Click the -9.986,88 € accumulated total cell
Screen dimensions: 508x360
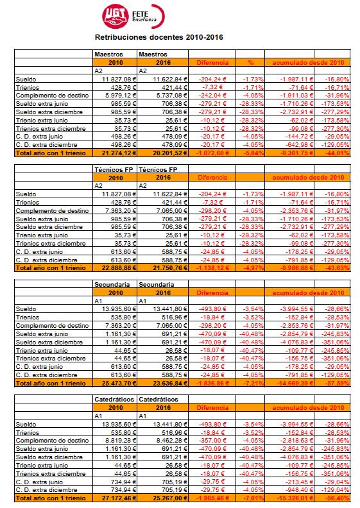point(292,269)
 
